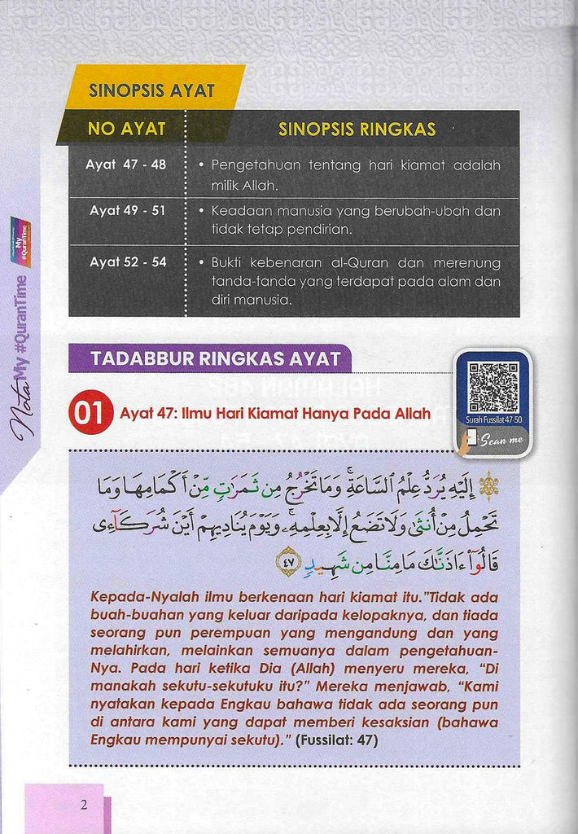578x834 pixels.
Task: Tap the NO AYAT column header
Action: [x=126, y=129]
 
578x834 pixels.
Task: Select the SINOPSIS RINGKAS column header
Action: [x=357, y=129]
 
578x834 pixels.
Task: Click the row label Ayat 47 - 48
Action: [x=126, y=165]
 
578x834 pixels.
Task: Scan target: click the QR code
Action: [x=493, y=386]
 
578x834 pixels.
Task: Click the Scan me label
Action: [x=498, y=441]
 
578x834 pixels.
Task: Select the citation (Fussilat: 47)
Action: [x=333, y=740]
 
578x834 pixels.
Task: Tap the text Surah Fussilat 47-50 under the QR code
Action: [x=493, y=419]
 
